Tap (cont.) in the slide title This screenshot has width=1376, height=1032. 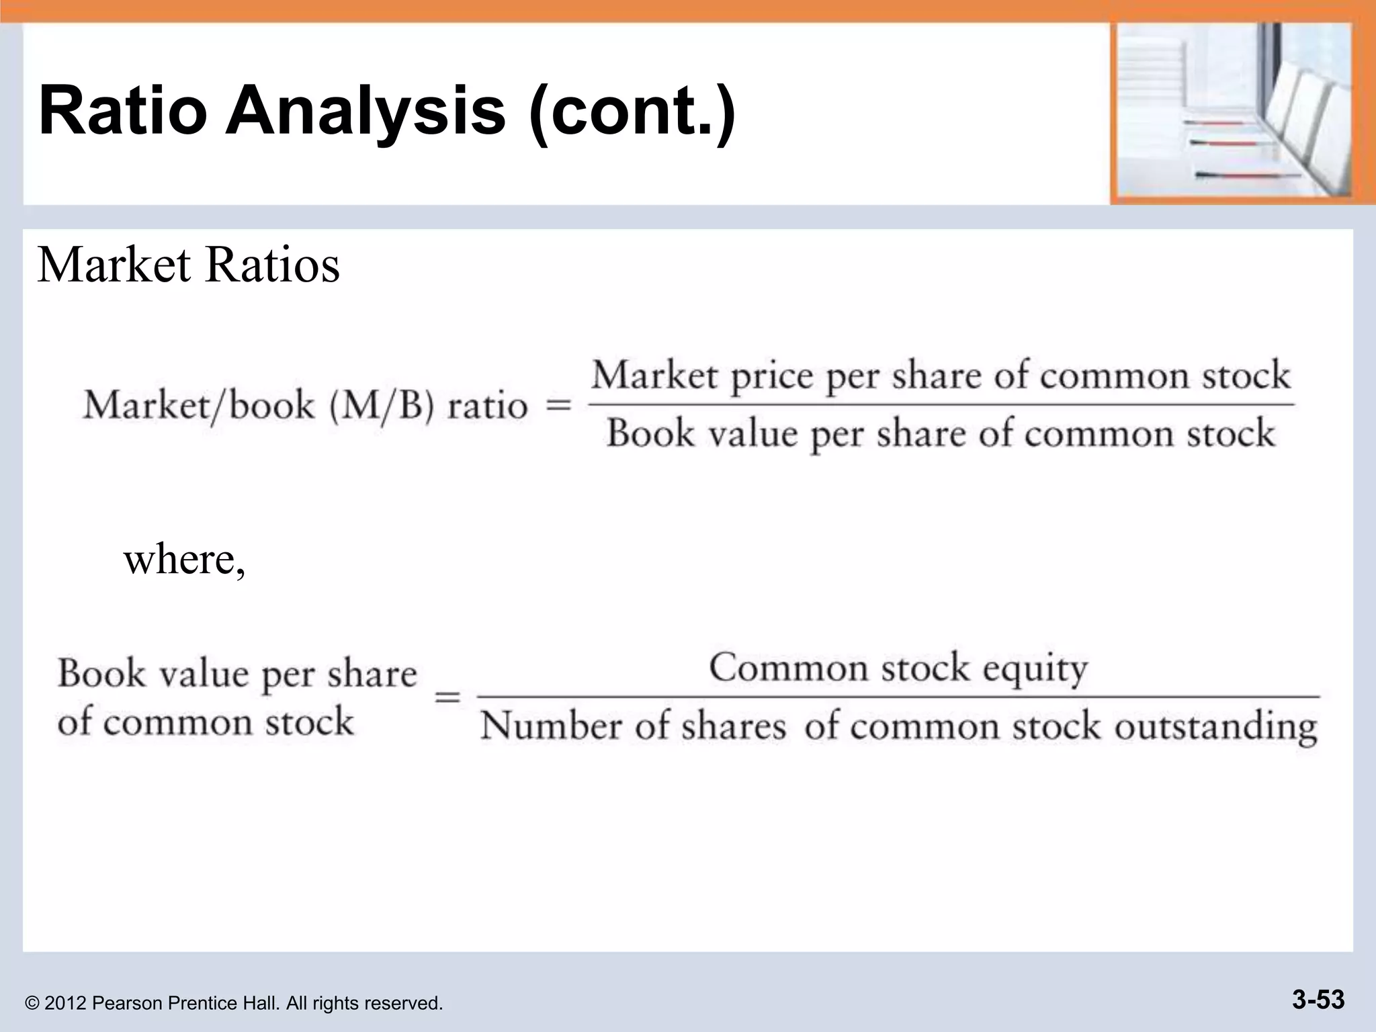pos(632,110)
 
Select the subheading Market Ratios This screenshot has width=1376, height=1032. pos(188,265)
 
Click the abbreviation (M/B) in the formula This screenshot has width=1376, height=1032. pos(382,405)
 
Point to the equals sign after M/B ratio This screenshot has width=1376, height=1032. pos(558,405)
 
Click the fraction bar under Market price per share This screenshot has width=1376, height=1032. pos(941,404)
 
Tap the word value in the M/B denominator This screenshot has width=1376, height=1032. pos(753,433)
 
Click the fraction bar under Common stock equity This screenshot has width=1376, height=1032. pos(898,697)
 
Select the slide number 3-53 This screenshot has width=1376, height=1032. pos(1318,1000)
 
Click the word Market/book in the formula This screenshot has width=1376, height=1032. pos(199,405)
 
